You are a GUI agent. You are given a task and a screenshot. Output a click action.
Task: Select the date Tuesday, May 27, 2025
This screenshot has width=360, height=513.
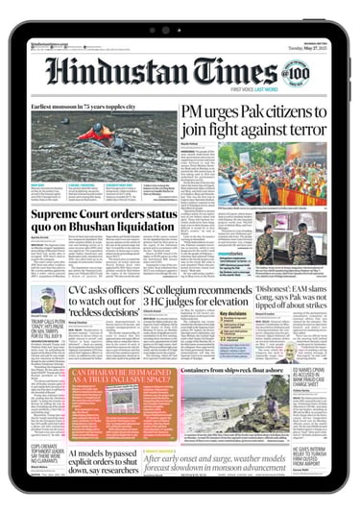coord(313,44)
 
